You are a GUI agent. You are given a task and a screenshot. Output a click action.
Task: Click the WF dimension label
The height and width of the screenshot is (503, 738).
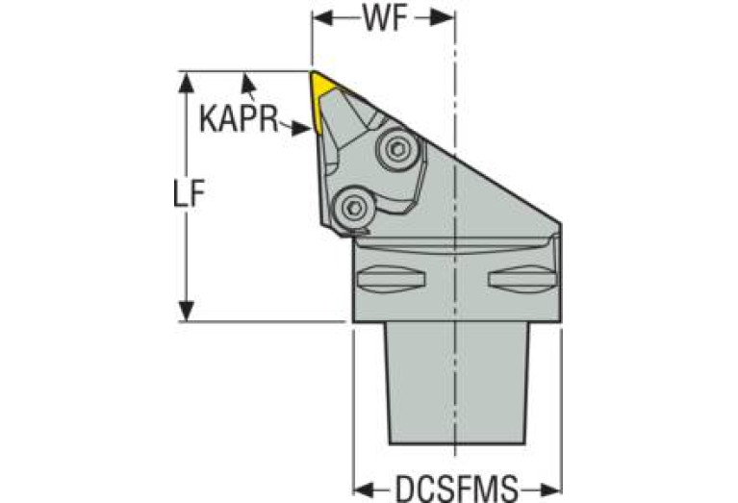tap(383, 18)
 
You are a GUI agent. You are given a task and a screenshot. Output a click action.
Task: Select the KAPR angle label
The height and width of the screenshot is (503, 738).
tap(238, 120)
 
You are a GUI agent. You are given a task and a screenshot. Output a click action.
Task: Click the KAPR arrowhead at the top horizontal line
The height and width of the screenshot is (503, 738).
tap(247, 80)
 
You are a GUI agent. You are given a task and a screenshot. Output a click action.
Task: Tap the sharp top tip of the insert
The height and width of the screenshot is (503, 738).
tap(312, 72)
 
